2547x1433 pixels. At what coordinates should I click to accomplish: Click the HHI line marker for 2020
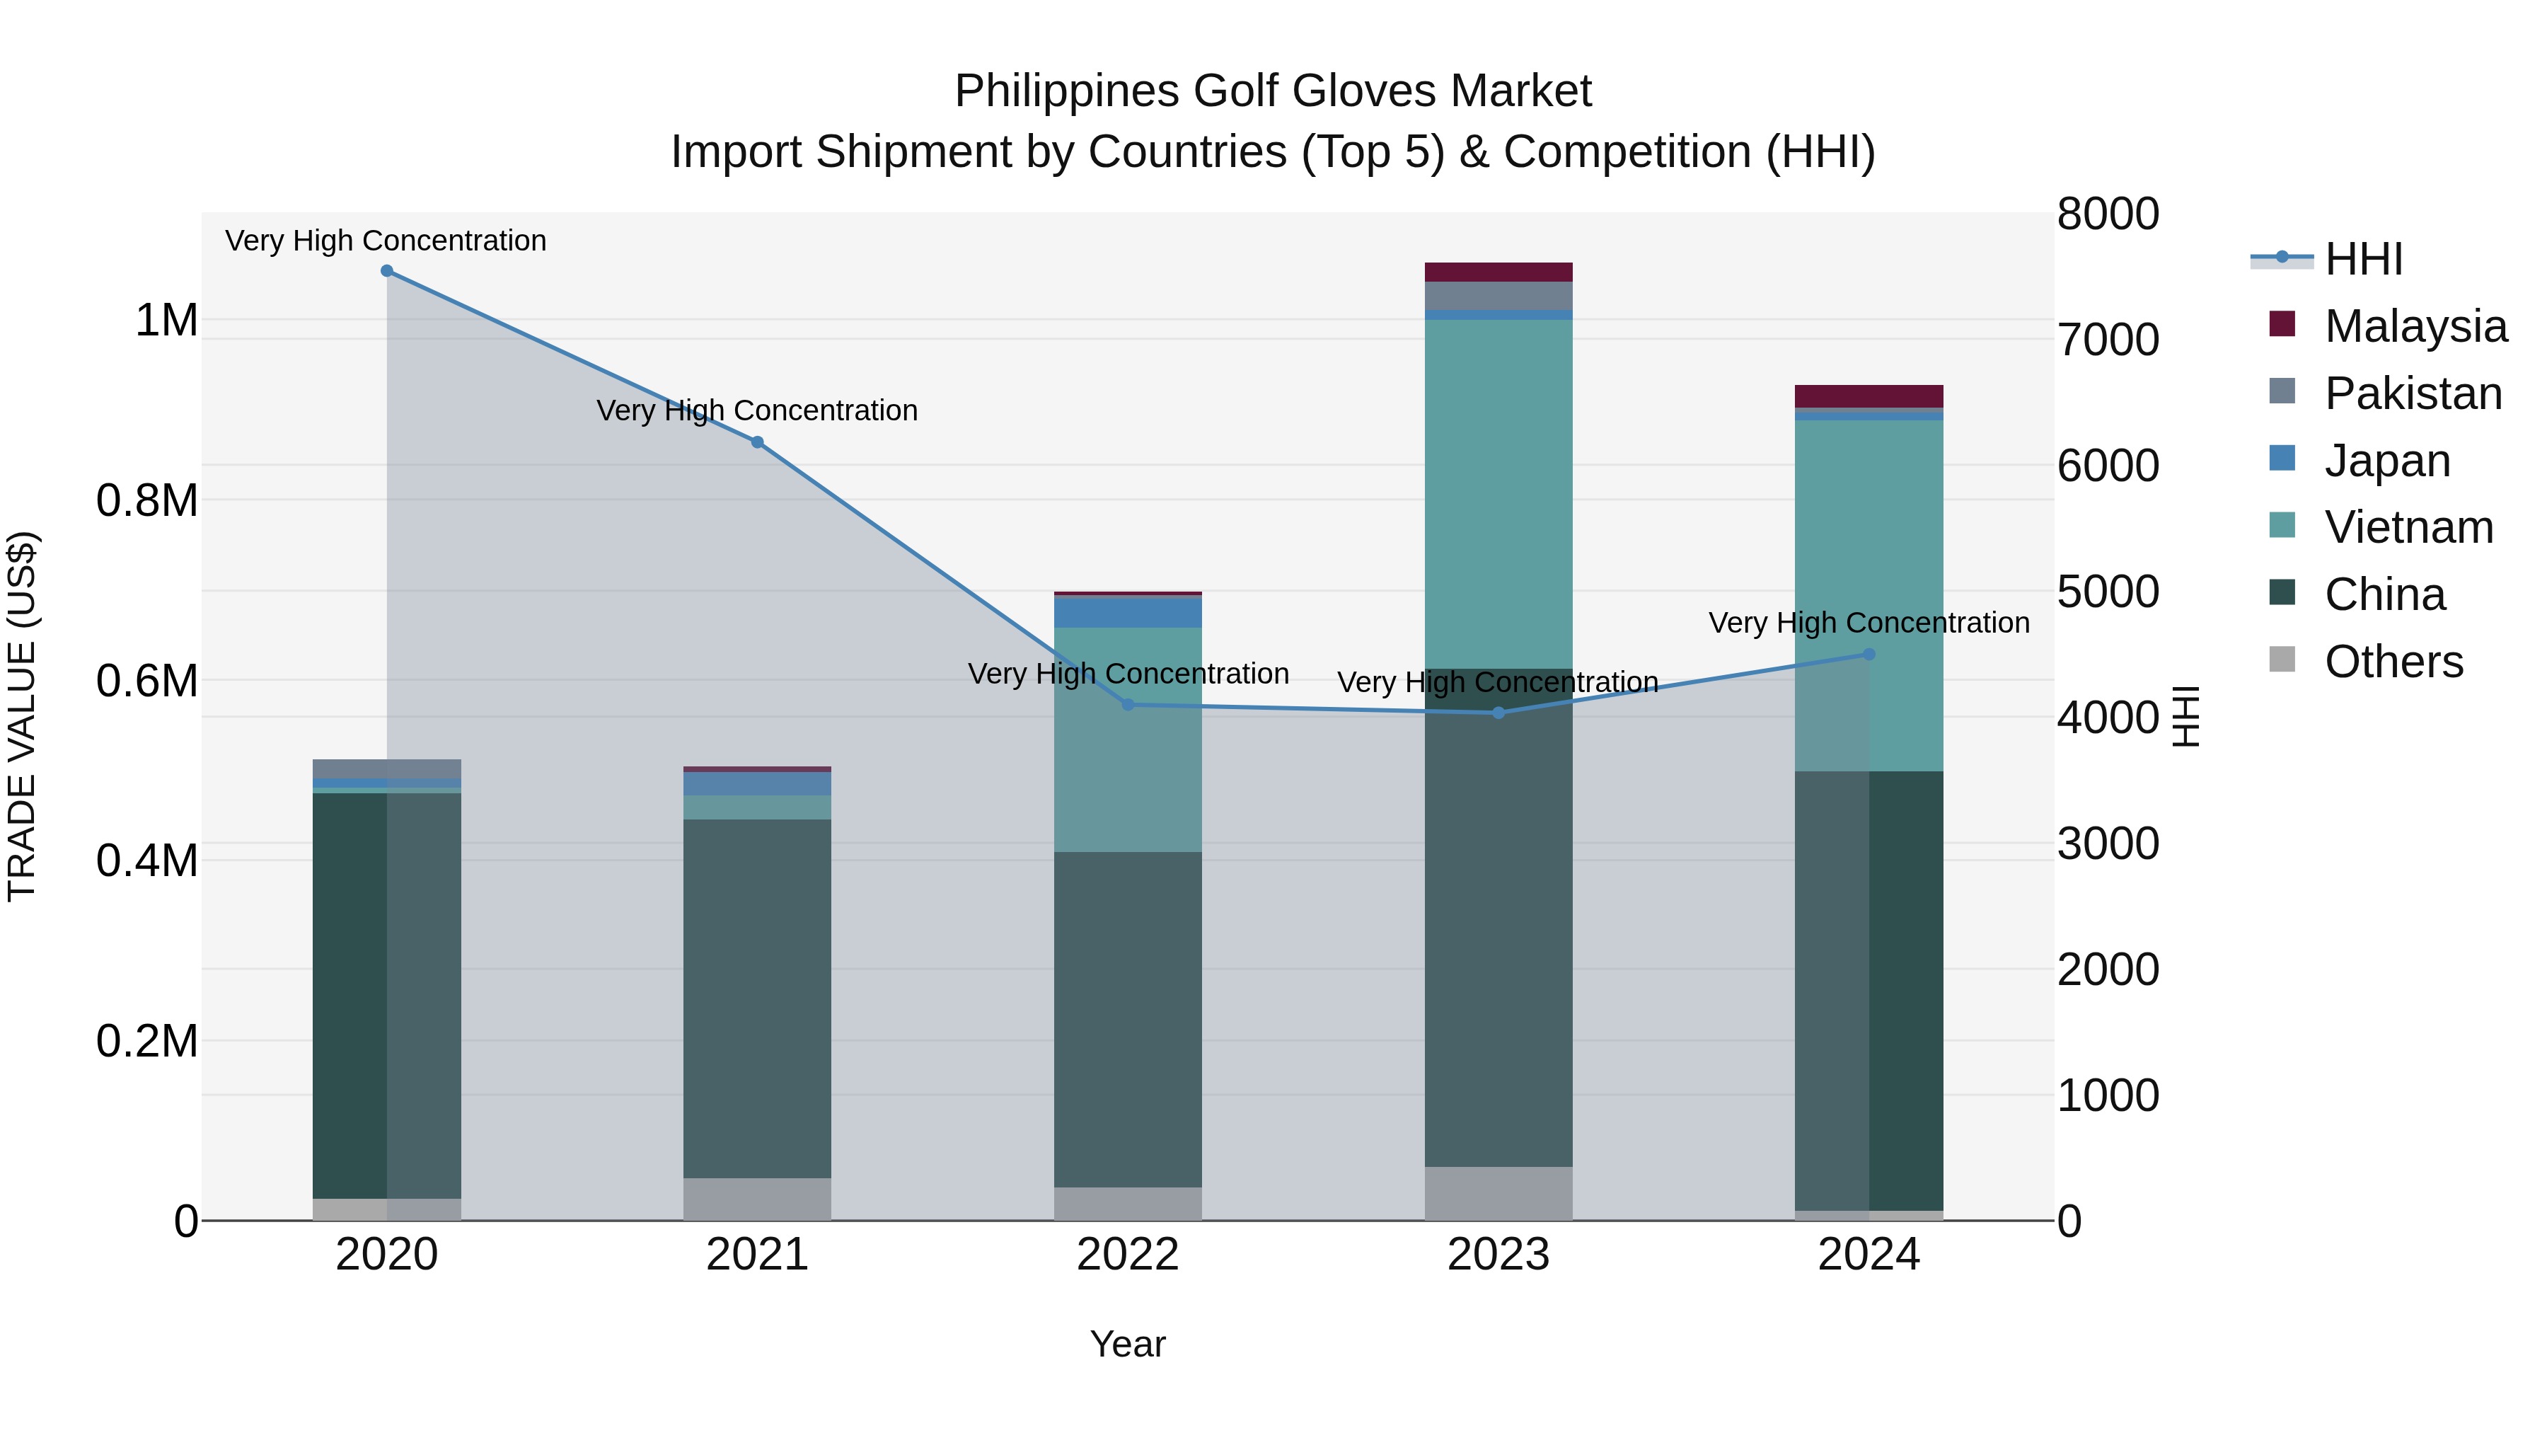tap(386, 271)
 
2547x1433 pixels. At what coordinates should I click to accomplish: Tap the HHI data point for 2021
tap(757, 442)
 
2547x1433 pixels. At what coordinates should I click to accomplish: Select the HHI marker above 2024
tap(1869, 654)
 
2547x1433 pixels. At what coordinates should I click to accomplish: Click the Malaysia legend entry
tap(2415, 326)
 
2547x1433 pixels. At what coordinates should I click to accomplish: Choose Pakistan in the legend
tap(2413, 393)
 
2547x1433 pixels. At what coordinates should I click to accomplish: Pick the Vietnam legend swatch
tap(2282, 526)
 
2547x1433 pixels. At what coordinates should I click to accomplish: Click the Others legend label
tap(2393, 662)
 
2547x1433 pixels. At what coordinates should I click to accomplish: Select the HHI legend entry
tap(2363, 259)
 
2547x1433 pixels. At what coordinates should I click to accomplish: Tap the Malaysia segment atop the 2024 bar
tap(1869, 396)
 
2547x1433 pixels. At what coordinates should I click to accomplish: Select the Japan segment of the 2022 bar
tap(1128, 612)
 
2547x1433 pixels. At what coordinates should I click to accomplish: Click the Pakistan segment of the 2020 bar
tap(386, 769)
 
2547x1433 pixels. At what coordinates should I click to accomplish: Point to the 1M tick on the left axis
tap(166, 321)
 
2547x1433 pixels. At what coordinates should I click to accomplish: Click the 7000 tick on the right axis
tap(2108, 340)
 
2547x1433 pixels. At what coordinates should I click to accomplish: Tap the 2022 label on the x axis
tap(1128, 1255)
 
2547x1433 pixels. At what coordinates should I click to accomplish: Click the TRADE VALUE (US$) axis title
tap(23, 716)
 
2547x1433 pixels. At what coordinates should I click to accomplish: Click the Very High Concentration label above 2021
tap(757, 410)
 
